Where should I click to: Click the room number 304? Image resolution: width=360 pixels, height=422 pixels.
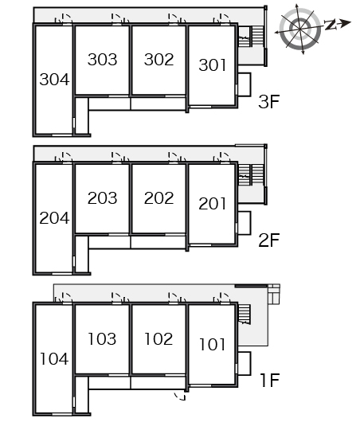[x=54, y=80]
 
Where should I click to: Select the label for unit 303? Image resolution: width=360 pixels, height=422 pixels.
[x=102, y=60]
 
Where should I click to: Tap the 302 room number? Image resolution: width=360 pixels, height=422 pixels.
[x=158, y=60]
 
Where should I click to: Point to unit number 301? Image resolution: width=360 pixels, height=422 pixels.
[x=212, y=65]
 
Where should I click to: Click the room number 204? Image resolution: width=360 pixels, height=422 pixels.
[x=54, y=218]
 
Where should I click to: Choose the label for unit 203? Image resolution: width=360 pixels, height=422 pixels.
[x=102, y=198]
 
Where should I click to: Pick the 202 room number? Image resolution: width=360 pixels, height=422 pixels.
[x=158, y=198]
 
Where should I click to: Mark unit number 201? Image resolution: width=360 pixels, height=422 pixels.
[x=212, y=204]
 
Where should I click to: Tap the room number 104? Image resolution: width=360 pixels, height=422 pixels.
[x=54, y=359]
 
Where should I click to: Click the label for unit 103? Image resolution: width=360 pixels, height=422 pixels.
[x=102, y=339]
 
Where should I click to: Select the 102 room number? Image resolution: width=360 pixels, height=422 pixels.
[x=158, y=339]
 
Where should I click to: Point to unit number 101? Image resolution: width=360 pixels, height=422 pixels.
[x=212, y=345]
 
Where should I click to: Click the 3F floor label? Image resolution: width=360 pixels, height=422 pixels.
[x=268, y=101]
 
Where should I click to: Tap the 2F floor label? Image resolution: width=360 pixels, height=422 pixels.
[x=268, y=240]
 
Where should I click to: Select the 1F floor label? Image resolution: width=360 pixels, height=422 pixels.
[x=270, y=380]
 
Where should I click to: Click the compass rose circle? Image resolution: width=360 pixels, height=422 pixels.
[x=300, y=28]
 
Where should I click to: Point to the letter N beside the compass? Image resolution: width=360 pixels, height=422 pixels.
[x=330, y=25]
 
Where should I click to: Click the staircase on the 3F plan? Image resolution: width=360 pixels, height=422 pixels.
[x=251, y=36]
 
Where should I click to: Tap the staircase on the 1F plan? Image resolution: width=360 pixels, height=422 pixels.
[x=245, y=314]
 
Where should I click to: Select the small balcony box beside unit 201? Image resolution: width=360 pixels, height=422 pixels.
[x=245, y=223]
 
